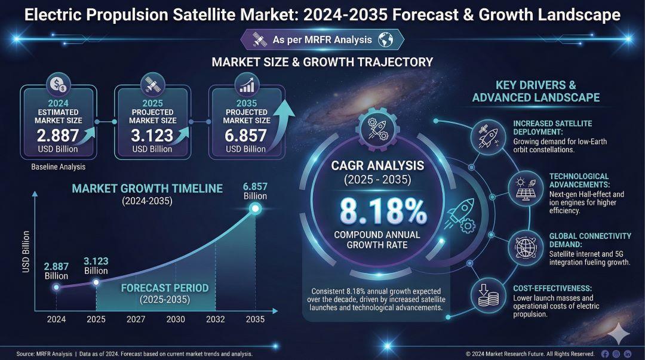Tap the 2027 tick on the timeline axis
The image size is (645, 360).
click(x=136, y=319)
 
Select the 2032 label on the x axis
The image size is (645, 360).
click(x=215, y=319)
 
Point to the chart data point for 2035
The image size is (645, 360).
click(x=256, y=208)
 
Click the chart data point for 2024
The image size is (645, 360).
click(x=57, y=287)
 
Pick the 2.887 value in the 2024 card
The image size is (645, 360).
click(x=57, y=135)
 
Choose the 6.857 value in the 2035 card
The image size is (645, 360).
click(x=245, y=135)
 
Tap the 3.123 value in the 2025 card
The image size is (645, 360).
click(x=152, y=135)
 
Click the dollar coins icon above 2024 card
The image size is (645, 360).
click(x=59, y=84)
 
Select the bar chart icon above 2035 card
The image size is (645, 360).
click(x=245, y=84)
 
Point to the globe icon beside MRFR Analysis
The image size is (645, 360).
click(x=385, y=40)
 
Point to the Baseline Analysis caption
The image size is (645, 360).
click(x=58, y=167)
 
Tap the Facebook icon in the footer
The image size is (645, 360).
click(x=606, y=353)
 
